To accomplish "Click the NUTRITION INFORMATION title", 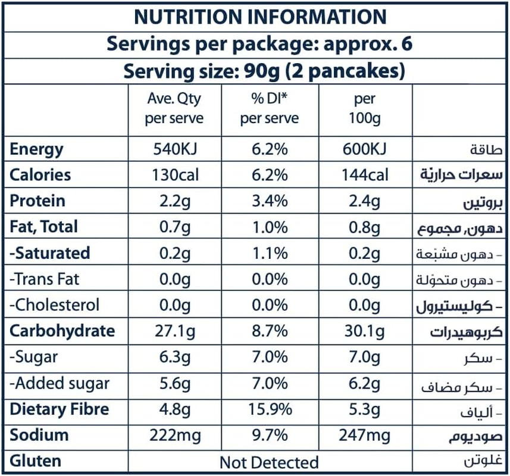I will tap(259, 17).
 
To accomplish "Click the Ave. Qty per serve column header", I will tap(174, 109).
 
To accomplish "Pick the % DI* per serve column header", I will tap(269, 109).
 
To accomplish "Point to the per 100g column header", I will tap(364, 109).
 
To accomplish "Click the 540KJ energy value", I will tap(174, 149).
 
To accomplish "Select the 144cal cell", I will tap(364, 175).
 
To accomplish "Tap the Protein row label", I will tap(37, 201).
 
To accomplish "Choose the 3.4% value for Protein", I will tap(269, 201).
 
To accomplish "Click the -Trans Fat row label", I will tap(45, 279).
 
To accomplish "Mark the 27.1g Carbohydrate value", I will tap(174, 331).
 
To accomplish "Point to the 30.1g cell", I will tap(364, 331).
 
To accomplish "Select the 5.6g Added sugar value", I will tap(174, 383).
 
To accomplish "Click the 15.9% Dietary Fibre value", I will tap(269, 409).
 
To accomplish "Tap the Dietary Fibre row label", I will tap(60, 409).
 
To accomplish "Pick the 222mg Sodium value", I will tap(174, 436).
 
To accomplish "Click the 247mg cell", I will tap(364, 436).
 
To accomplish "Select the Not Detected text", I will tap(269, 462).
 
